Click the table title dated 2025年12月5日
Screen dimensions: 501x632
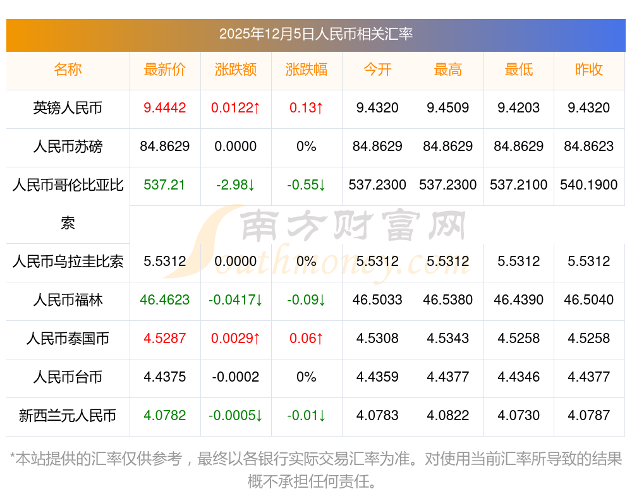[x=315, y=34]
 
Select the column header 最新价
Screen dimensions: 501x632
[x=165, y=69]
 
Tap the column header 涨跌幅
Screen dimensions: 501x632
[x=307, y=69]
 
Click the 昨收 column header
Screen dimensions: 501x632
[x=589, y=69]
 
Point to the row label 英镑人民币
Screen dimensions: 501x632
[x=68, y=108]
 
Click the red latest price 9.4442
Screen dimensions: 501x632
[x=165, y=108]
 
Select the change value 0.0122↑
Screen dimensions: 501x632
[x=236, y=108]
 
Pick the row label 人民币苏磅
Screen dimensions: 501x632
[x=68, y=147]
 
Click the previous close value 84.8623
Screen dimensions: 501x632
[x=589, y=147]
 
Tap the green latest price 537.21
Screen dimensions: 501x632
[x=165, y=185]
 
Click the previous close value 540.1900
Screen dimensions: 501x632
[x=589, y=185]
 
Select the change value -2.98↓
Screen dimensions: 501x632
[x=236, y=185]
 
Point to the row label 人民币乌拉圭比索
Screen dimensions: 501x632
[x=68, y=262]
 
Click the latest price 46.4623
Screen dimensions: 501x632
[x=165, y=300]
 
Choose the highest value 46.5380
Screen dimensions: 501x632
[x=448, y=300]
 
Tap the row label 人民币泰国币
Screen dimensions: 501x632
[x=68, y=339]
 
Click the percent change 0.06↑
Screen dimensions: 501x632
[x=307, y=339]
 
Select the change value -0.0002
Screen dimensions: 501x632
[x=236, y=377]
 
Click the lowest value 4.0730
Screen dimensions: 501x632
[x=519, y=416]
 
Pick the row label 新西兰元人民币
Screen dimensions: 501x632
[x=68, y=416]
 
